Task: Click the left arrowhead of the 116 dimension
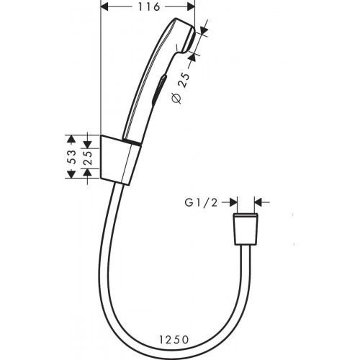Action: click(103, 7)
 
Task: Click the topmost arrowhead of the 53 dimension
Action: click(71, 136)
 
